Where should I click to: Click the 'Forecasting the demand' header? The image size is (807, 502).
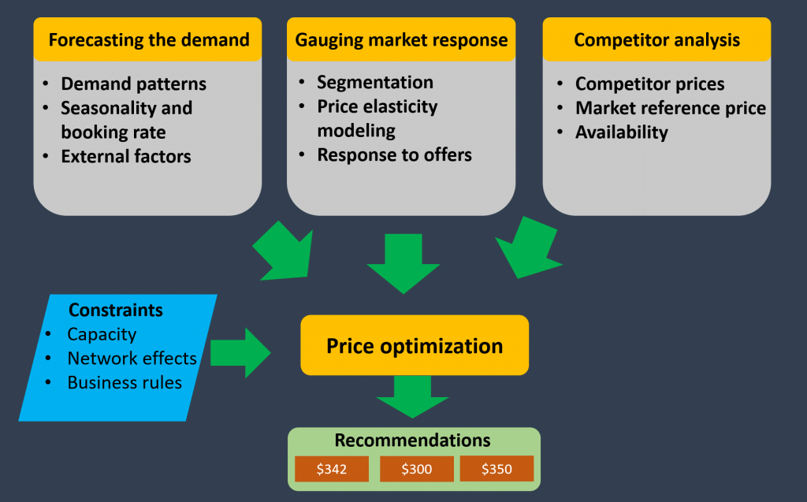[x=148, y=39]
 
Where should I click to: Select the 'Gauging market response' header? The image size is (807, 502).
[x=401, y=39]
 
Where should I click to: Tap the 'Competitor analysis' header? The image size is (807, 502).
[x=656, y=39]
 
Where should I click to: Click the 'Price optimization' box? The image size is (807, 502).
[x=415, y=346]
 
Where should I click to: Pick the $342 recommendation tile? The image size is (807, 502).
[x=332, y=469]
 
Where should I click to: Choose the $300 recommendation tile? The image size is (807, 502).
[x=416, y=469]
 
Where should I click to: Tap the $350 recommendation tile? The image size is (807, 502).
[x=496, y=469]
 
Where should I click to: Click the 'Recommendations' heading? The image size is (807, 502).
[x=412, y=441]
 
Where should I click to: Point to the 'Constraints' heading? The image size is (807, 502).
[x=116, y=310]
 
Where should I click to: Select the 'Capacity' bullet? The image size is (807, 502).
[x=102, y=334]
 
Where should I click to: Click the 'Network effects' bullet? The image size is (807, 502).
[x=132, y=359]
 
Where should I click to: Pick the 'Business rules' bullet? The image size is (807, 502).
[x=125, y=383]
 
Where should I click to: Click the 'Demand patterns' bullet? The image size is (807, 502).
[x=133, y=84]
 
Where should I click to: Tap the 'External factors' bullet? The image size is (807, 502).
[x=126, y=156]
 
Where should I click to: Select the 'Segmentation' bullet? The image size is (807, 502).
[x=375, y=83]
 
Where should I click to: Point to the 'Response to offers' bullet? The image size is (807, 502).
[x=394, y=155]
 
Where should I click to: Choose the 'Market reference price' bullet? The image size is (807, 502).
[x=671, y=108]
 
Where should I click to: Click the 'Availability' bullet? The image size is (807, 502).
[x=622, y=132]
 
